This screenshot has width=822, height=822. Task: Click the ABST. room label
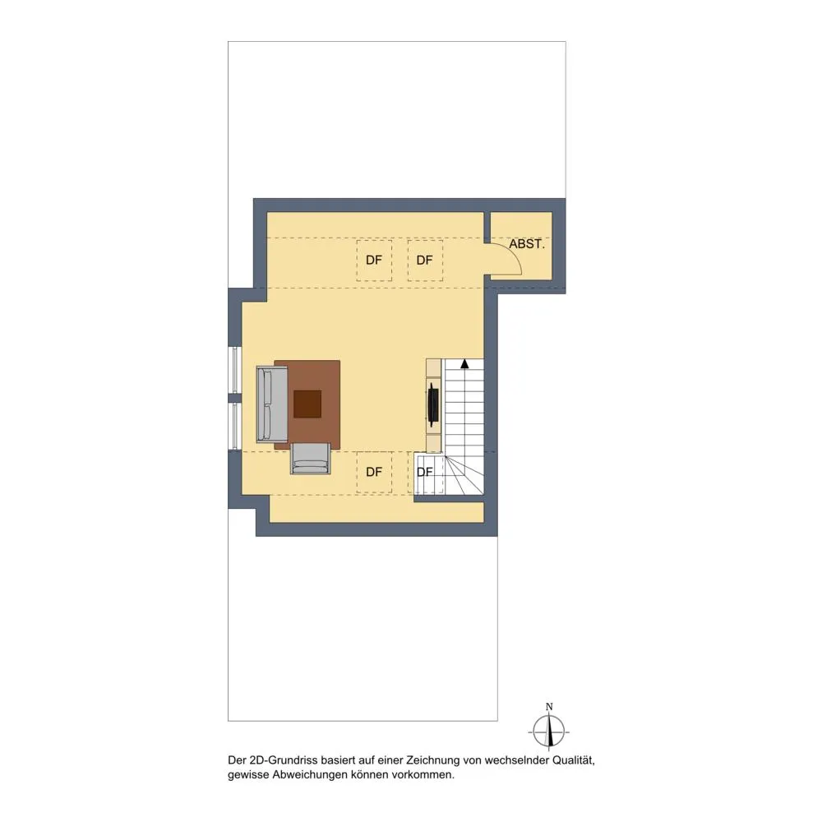click(x=527, y=244)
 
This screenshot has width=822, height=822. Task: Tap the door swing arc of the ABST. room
click(x=512, y=254)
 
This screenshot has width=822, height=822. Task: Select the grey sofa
click(x=272, y=404)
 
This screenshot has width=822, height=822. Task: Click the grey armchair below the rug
click(x=311, y=458)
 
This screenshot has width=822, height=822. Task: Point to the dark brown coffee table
click(x=307, y=404)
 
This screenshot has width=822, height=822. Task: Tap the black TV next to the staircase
click(x=433, y=403)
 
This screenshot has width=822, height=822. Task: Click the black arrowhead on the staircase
click(x=464, y=363)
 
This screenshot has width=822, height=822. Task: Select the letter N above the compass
click(x=549, y=707)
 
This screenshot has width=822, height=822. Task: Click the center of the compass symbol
click(x=549, y=732)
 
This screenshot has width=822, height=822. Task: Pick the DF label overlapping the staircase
click(x=425, y=473)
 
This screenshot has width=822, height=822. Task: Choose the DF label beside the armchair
click(x=374, y=473)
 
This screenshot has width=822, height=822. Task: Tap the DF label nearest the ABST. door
click(x=425, y=260)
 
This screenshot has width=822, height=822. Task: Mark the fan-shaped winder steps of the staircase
click(x=464, y=474)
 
